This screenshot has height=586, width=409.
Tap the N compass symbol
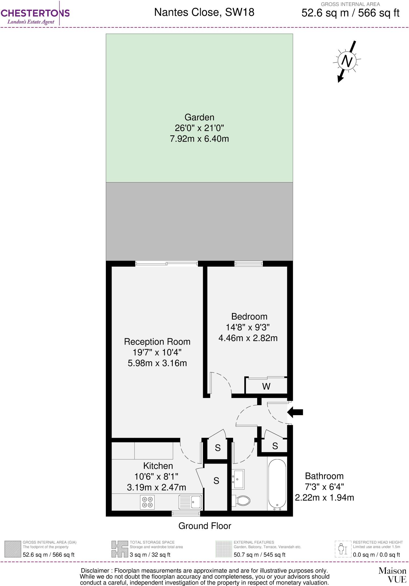pyautogui.click(x=347, y=61)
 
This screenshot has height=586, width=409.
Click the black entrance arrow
pyautogui.click(x=295, y=412)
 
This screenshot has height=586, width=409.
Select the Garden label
pyautogui.click(x=199, y=117)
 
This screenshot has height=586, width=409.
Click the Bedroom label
pyautogui.click(x=249, y=316)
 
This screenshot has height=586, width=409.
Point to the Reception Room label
pyautogui.click(x=157, y=342)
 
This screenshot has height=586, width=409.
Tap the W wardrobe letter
pyautogui.click(x=266, y=387)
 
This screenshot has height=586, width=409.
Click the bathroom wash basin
pyautogui.click(x=238, y=478)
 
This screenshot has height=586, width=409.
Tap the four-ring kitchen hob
pyautogui.click(x=147, y=502)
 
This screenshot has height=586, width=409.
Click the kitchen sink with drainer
pyautogui.click(x=190, y=502)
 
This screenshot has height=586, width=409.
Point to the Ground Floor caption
pyautogui.click(x=204, y=526)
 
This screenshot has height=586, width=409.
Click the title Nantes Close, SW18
pyautogui.click(x=204, y=12)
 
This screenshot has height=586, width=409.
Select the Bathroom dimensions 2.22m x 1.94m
pyautogui.click(x=324, y=498)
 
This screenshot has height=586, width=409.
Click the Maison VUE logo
pyautogui.click(x=392, y=575)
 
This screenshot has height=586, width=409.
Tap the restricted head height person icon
pyautogui.click(x=343, y=549)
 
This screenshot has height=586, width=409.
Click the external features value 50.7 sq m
pyautogui.click(x=259, y=555)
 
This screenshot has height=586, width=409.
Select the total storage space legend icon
pyautogui.click(x=120, y=549)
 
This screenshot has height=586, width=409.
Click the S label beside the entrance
pyautogui.click(x=275, y=446)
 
